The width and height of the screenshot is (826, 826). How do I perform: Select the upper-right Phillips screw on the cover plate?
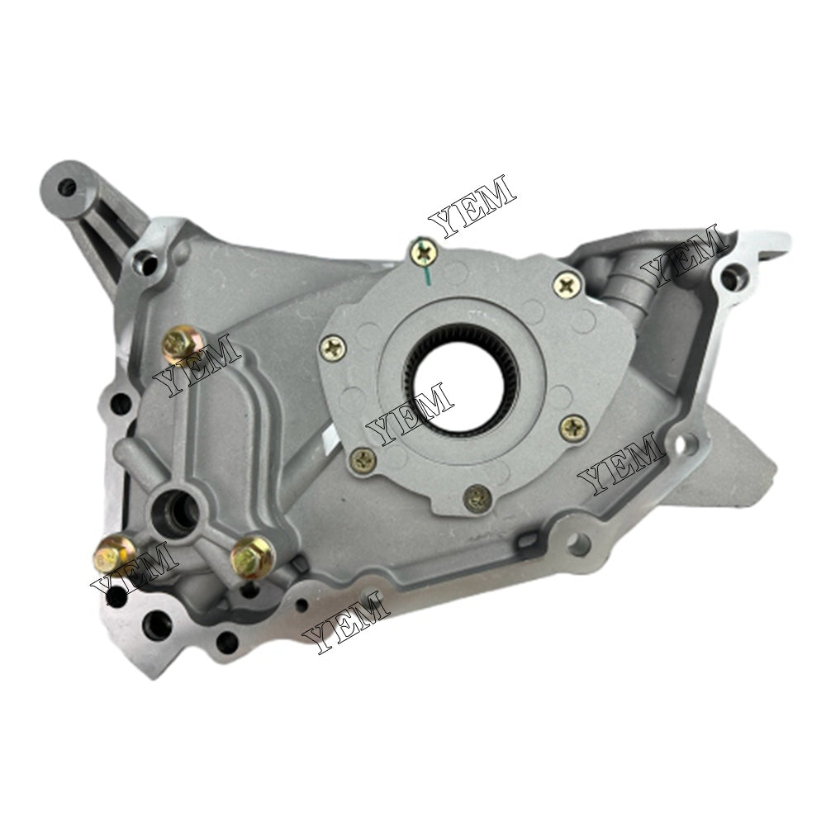point(567,285)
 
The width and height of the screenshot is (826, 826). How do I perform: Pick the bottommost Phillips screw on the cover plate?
point(477,496)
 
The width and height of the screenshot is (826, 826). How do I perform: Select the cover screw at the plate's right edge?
point(572,427)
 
